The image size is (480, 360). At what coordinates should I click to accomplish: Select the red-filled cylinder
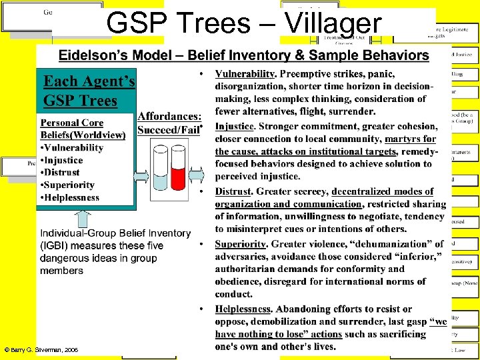[178, 170]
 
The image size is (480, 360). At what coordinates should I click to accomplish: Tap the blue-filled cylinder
[160, 170]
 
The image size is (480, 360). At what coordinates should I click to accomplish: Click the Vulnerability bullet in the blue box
[72, 148]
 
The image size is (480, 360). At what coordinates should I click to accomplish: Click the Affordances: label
[168, 117]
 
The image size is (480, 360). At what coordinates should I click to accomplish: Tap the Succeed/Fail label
[168, 130]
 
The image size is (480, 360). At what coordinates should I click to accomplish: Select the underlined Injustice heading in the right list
[234, 127]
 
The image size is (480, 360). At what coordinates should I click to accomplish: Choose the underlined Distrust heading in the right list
[233, 192]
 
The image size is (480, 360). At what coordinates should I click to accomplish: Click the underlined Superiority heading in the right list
[241, 244]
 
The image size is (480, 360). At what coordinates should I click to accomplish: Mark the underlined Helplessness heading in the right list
[243, 309]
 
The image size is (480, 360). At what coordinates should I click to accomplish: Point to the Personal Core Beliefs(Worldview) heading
[83, 129]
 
